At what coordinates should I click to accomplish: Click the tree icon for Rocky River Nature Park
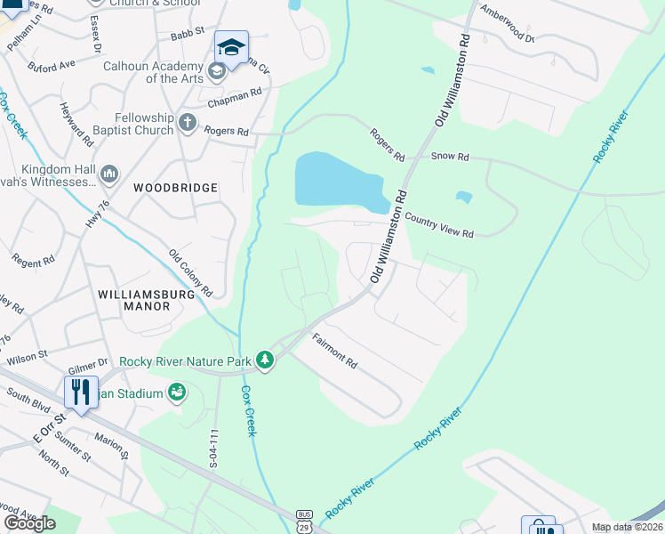[x=264, y=360]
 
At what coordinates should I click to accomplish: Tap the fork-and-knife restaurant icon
[x=80, y=392]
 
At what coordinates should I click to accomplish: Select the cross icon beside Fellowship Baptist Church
[x=187, y=122]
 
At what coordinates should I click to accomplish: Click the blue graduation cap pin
[x=231, y=48]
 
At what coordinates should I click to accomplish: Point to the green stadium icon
[x=177, y=392]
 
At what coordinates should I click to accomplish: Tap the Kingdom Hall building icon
[x=109, y=173]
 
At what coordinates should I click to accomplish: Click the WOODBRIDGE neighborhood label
[x=175, y=188]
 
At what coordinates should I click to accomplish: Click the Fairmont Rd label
[x=333, y=352]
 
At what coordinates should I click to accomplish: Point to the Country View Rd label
[x=439, y=224]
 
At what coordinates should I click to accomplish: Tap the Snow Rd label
[x=449, y=156]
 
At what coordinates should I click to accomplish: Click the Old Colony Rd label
[x=191, y=272]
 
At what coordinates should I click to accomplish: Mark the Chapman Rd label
[x=235, y=97]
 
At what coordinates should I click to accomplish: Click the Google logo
[x=29, y=523]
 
